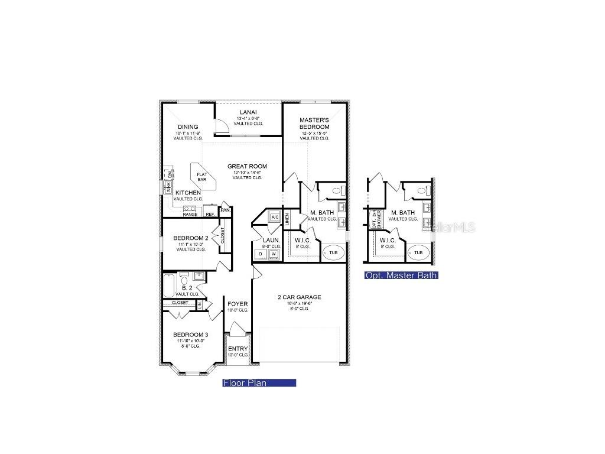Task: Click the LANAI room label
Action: [248, 112]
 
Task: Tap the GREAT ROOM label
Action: [248, 166]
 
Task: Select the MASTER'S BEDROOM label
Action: [314, 124]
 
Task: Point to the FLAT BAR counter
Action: [202, 176]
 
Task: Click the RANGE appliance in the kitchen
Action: [190, 211]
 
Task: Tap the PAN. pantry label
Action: [225, 210]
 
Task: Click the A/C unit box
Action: [274, 217]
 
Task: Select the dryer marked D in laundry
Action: [261, 254]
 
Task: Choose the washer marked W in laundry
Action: [274, 254]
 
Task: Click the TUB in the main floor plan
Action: [334, 253]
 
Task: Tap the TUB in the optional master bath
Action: [418, 253]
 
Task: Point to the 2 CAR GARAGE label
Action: [300, 297]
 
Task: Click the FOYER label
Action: [238, 304]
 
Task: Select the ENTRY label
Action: [238, 349]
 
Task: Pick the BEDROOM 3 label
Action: [190, 335]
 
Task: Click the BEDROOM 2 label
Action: [190, 239]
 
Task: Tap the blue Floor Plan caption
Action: [259, 383]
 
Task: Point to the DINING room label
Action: [188, 127]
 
